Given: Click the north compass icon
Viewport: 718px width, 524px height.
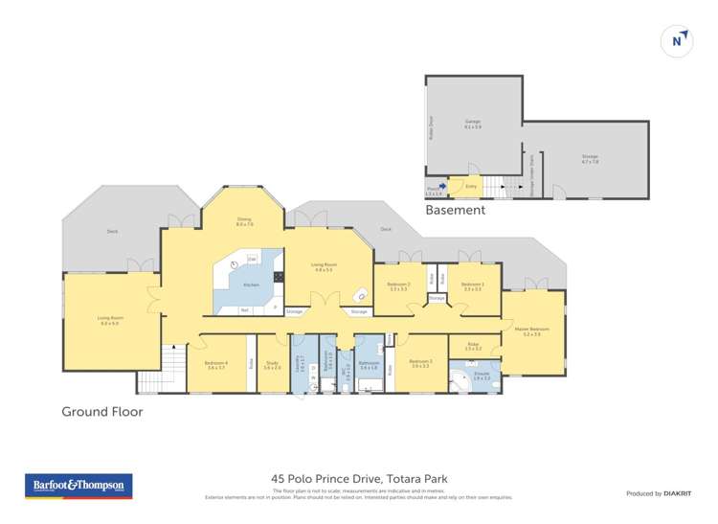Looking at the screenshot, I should point(677,40).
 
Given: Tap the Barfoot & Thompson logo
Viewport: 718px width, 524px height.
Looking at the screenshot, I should point(78,486).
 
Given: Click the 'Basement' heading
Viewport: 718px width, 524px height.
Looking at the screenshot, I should point(455,209).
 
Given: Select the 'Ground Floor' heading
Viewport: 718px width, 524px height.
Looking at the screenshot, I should point(101,412).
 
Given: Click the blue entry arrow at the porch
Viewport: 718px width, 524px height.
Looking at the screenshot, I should point(442,188).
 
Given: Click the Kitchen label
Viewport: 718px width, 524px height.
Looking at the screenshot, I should point(250,285).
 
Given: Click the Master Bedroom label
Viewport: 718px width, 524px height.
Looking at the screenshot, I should point(531,330).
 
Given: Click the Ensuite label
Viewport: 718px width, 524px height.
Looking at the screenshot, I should point(481,376).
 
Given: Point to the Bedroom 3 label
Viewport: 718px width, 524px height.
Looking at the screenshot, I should point(421,363).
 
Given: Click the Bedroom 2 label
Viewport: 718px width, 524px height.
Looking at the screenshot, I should point(398,285).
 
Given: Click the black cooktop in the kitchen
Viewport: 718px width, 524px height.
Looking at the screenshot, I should point(279,278).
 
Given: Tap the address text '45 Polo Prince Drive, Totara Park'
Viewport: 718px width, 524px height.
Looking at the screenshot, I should point(359,478).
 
